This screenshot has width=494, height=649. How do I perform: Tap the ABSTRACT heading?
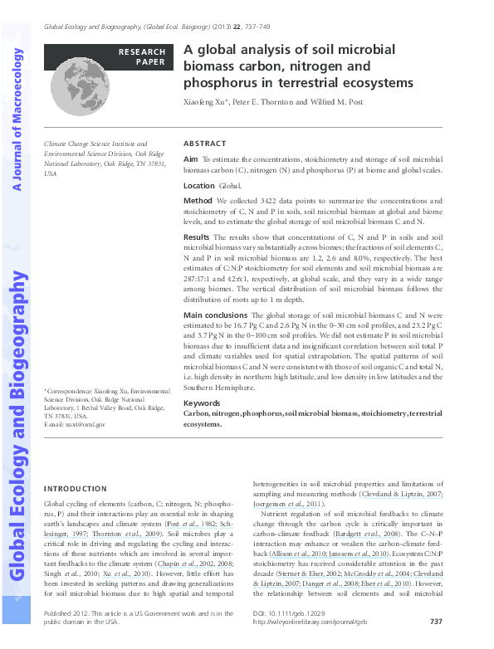coord(203,143)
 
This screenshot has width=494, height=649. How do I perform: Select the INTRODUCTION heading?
coord(76,489)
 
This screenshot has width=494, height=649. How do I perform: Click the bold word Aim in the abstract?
coord(190,158)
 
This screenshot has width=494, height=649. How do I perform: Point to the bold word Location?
coord(199,186)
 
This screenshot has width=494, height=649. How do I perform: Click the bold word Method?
coord(198,201)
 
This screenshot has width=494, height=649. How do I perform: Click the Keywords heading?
coord(202,403)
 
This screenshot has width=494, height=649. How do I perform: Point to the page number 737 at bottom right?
coord(436,622)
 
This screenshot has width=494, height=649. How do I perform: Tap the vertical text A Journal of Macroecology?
coord(17,120)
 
